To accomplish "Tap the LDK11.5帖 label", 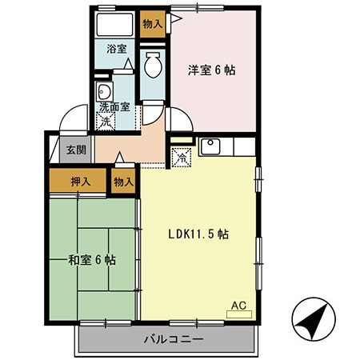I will pos(198,234).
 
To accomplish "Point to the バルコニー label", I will pos(174,339).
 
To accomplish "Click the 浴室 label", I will pos(117,48).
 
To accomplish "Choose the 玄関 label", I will pos(76,149).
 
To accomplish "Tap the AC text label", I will pos(238,304).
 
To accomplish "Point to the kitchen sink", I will pos(211,146).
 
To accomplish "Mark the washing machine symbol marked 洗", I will pos(106,122).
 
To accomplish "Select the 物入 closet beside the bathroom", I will pos(152,24).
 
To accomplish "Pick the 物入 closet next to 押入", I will pos(123,182).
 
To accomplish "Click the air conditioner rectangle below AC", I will pos(238,314).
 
